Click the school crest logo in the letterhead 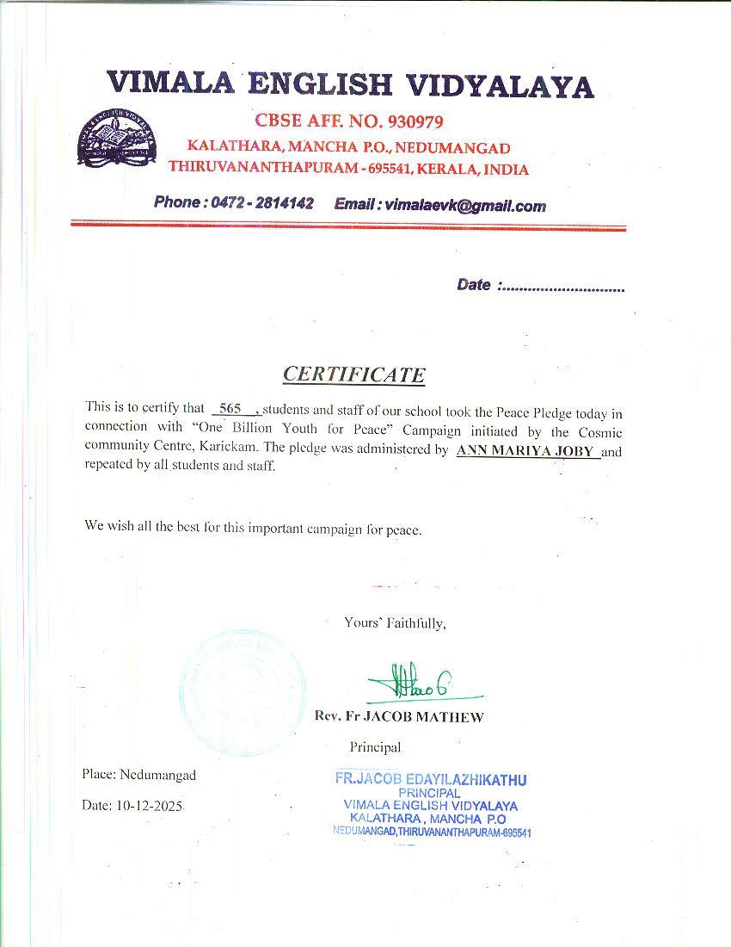pos(117,139)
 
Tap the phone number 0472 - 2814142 pos(261,203)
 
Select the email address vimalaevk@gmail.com pos(465,205)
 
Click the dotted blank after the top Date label pos(562,288)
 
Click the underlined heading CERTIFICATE pos(353,374)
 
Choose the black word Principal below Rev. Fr pos(375,746)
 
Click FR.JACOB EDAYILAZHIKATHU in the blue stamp pos(430,779)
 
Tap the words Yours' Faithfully pos(395,622)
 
